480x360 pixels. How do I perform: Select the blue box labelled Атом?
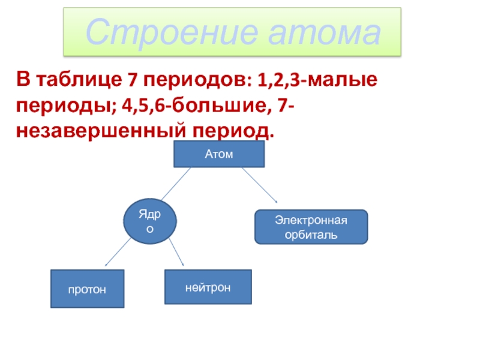pyautogui.click(x=218, y=154)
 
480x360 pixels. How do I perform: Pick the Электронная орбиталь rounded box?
pyautogui.click(x=311, y=227)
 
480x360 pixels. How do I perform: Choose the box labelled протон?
pyautogui.click(x=87, y=289)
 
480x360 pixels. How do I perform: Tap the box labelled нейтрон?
pyautogui.click(x=208, y=287)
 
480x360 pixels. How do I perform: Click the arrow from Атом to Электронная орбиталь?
pyautogui.click(x=259, y=185)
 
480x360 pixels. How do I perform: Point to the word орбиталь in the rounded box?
pyautogui.click(x=311, y=234)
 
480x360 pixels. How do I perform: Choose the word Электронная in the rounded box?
pyautogui.click(x=311, y=220)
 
